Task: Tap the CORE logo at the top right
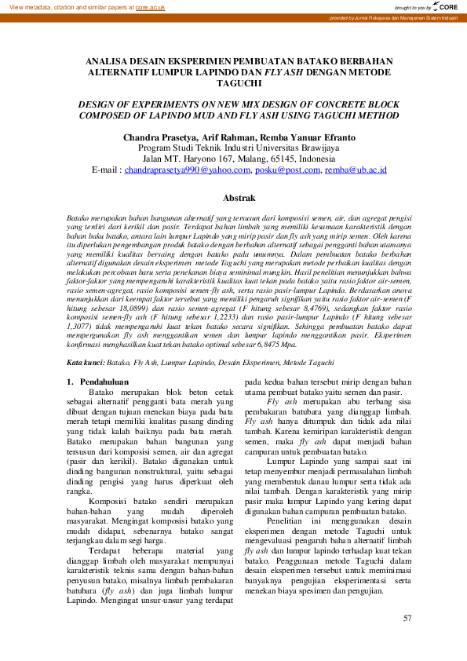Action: (x=445, y=6)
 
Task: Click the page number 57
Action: (x=407, y=618)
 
